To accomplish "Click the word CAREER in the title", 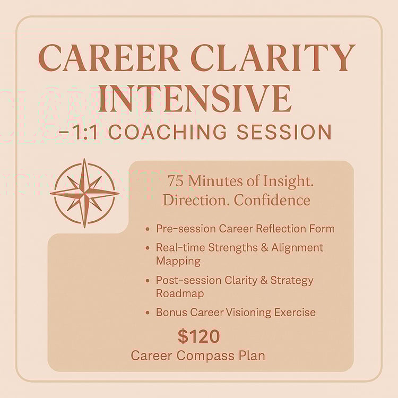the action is click(110, 58).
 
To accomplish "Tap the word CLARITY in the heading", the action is click(272, 58).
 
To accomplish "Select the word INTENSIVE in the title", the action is click(195, 99).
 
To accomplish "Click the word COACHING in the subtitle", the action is click(168, 132).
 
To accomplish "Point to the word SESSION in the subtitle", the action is click(284, 132).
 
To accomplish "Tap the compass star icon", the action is click(84, 193).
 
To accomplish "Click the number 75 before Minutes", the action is click(176, 181).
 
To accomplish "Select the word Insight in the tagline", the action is click(288, 182).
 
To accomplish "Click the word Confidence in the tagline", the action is click(272, 200).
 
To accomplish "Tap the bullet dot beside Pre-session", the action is click(148, 229).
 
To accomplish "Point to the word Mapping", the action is click(178, 262).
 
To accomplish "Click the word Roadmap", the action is click(180, 293).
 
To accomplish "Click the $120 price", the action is click(199, 336).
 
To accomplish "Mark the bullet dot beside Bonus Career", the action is click(148, 313).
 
